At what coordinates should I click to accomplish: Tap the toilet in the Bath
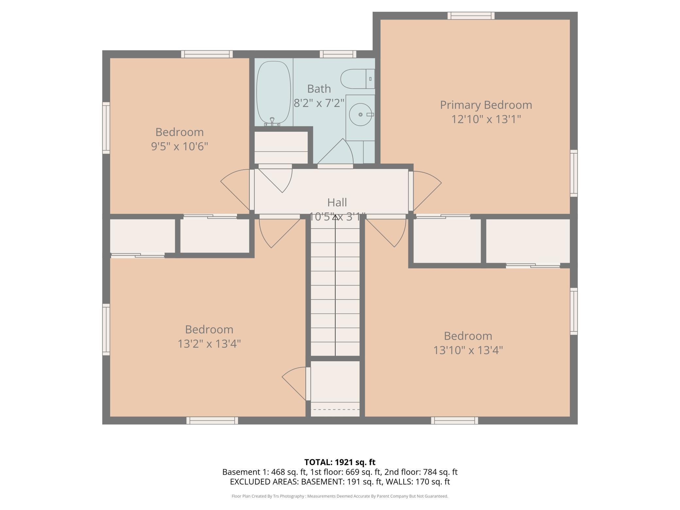(358, 79)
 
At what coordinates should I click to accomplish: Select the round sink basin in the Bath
(361, 114)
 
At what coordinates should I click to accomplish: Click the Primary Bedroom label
(486, 105)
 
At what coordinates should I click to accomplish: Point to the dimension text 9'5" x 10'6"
(179, 146)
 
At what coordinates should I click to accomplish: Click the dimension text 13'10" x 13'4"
(468, 350)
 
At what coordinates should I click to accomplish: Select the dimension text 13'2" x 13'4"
(209, 344)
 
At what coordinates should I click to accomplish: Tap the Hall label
(337, 202)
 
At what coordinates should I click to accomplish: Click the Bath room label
(319, 89)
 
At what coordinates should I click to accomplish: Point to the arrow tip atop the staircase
(335, 215)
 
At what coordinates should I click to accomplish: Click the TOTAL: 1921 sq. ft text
(340, 462)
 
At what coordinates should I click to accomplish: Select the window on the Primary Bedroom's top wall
(471, 16)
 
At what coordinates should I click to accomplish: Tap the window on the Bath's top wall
(338, 54)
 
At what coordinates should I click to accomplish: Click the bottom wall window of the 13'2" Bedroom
(212, 420)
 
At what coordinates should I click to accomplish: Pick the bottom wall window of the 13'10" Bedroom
(454, 420)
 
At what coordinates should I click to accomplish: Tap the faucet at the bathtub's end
(272, 122)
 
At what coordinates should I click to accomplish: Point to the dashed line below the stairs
(335, 409)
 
